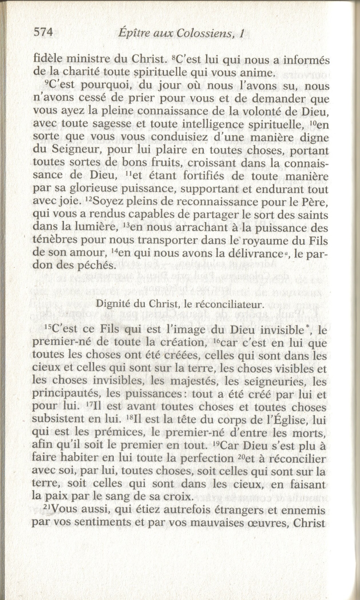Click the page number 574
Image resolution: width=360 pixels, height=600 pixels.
[x=43, y=33]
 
